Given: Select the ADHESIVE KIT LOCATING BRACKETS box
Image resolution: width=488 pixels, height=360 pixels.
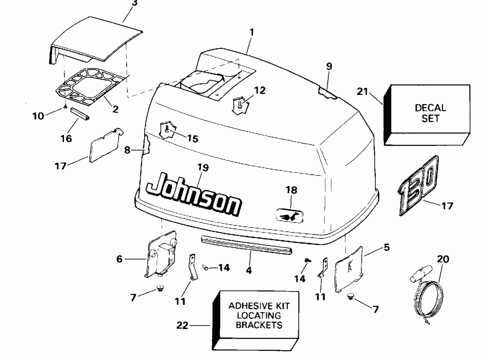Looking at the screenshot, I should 258,316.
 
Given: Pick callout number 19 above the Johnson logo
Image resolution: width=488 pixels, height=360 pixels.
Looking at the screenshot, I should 202,168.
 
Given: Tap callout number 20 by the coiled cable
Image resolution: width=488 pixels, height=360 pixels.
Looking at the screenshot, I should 442,260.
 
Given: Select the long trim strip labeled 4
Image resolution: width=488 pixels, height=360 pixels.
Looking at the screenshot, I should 247,245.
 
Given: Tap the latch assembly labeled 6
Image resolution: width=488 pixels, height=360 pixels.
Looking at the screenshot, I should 161,253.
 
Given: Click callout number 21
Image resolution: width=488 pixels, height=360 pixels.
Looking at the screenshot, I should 363,91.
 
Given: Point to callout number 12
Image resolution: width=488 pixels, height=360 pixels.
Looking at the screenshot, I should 260,91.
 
